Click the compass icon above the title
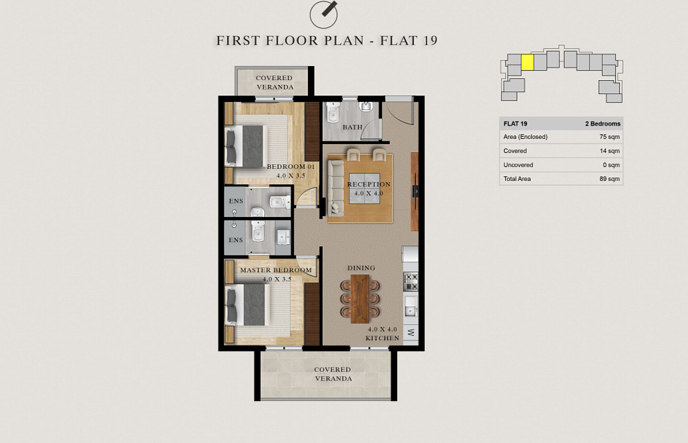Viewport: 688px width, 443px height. tap(324, 15)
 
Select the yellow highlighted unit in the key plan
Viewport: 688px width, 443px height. tap(527, 62)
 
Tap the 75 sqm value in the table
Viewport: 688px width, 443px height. tap(609, 137)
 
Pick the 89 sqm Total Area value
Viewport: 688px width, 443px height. tap(609, 179)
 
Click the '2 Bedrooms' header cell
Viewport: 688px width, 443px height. tap(603, 124)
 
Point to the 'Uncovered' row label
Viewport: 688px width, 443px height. tap(518, 165)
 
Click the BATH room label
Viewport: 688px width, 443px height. tap(353, 127)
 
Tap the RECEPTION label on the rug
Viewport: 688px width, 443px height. tap(369, 184)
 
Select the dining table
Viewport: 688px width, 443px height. tap(360, 298)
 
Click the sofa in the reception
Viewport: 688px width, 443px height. tap(336, 188)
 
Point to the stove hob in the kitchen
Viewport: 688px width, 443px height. tap(411, 282)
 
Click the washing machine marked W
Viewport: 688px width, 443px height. tap(411, 332)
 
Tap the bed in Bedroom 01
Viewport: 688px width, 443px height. tap(246, 146)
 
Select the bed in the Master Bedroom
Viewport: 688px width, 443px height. tap(247, 305)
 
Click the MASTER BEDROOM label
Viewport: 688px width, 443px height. tap(276, 270)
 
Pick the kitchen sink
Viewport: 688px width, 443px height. tap(411, 307)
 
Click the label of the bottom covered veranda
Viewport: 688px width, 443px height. tap(333, 374)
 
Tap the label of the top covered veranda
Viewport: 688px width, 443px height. tap(275, 83)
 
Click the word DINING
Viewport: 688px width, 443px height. tap(361, 268)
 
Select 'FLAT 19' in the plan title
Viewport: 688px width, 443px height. tap(409, 41)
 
